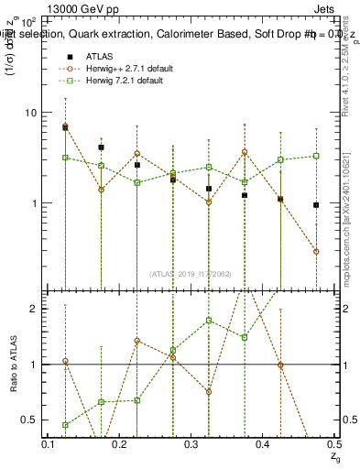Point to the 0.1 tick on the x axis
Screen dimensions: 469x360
[x=49, y=444]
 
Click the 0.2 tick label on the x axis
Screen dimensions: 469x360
[x=121, y=444]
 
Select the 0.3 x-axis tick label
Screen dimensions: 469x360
[x=192, y=444]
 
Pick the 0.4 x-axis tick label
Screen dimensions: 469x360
[x=264, y=444]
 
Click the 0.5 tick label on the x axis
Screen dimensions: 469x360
[x=333, y=444]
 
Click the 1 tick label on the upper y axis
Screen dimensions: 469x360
[x=33, y=202]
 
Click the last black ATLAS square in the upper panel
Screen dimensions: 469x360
[x=316, y=205]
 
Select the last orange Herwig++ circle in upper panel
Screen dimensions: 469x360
[x=316, y=251]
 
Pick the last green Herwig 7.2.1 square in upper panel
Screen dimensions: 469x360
[x=316, y=156]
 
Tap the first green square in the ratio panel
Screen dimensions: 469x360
[x=65, y=425]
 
